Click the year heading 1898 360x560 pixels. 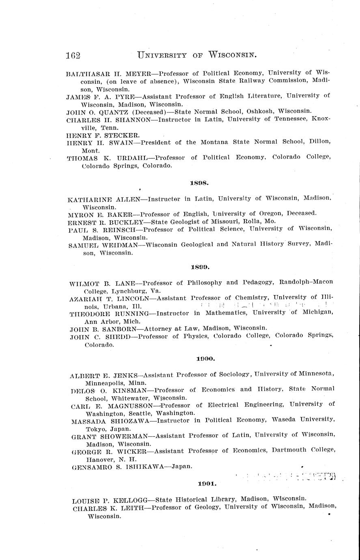[x=199, y=183]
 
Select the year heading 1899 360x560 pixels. [x=200, y=267]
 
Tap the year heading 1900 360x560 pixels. [x=205, y=359]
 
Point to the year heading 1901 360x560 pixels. [x=207, y=483]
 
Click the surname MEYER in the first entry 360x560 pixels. [x=137, y=73]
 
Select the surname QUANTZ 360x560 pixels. [x=100, y=111]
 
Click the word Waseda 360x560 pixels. [x=283, y=420]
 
